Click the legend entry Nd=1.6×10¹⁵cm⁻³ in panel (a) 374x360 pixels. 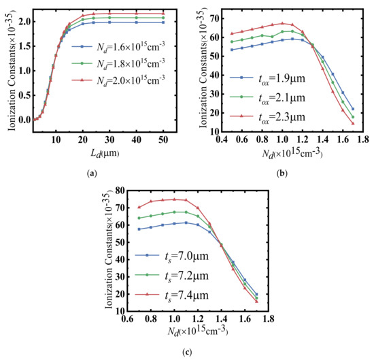pyautogui.click(x=116, y=48)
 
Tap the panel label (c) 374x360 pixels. pyautogui.click(x=186, y=352)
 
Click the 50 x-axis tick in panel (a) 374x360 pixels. pyautogui.click(x=162, y=140)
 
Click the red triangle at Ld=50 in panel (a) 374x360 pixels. pyautogui.click(x=162, y=14)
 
